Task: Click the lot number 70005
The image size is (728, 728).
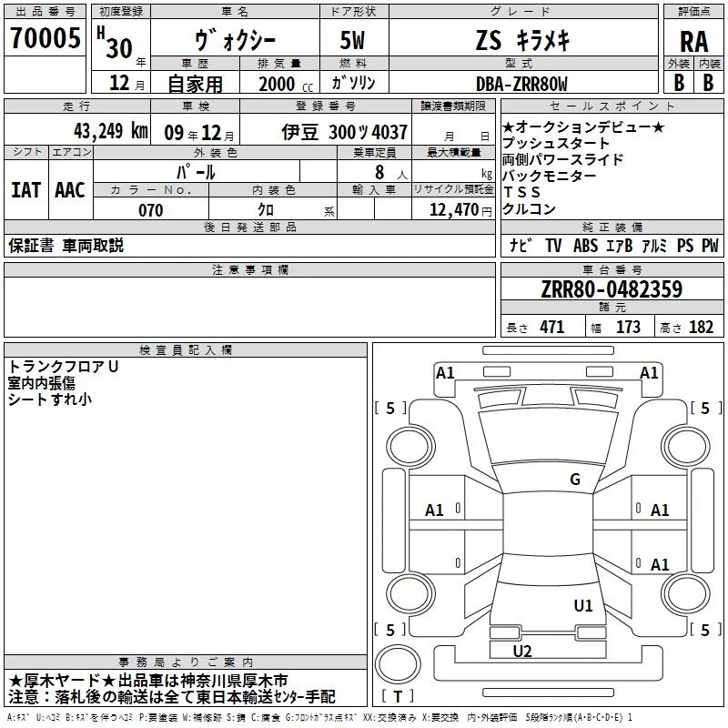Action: click(45, 38)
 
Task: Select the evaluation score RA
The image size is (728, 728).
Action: click(693, 42)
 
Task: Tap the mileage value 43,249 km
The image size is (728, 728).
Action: click(111, 131)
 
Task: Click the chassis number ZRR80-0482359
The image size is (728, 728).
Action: click(612, 288)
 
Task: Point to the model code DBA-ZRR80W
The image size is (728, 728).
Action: click(521, 84)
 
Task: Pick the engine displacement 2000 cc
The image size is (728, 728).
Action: click(286, 84)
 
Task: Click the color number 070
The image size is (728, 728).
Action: click(151, 210)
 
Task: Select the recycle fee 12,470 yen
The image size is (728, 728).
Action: click(460, 210)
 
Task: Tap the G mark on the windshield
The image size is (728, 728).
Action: click(575, 480)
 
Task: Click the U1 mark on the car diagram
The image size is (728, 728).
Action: click(583, 605)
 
